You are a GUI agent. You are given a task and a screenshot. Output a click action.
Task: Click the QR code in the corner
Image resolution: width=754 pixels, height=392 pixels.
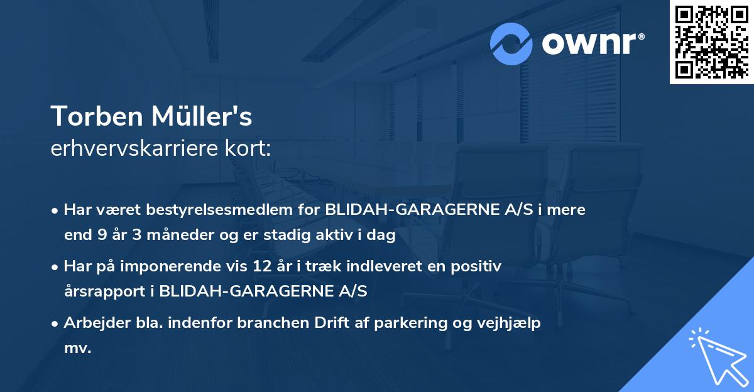(711, 41)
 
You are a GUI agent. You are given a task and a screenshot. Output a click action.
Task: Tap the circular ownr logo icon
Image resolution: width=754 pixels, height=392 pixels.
(511, 43)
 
